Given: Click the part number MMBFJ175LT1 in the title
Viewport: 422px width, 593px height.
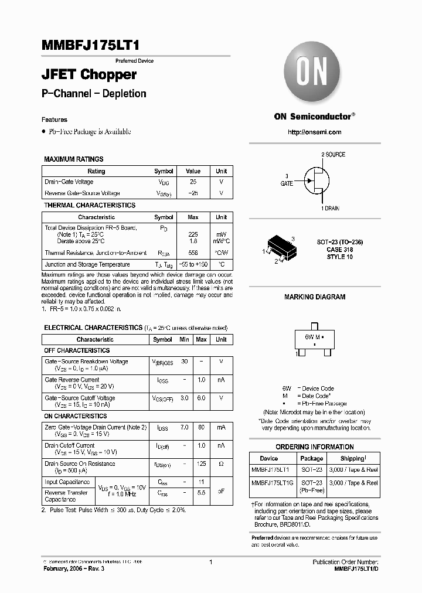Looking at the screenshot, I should click(90, 46).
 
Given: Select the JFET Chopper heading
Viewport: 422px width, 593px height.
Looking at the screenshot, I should click(89, 74).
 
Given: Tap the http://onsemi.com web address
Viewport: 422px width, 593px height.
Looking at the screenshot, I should click(314, 132).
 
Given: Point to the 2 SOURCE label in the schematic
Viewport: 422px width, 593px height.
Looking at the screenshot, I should click(333, 155).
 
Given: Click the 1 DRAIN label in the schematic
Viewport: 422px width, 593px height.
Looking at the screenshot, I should click(330, 209).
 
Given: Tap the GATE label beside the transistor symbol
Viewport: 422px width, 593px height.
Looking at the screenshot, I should click(286, 183).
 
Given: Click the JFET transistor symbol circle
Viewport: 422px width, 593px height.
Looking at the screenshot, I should click(315, 180).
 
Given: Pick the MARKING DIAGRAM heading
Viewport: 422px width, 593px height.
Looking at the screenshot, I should click(314, 297).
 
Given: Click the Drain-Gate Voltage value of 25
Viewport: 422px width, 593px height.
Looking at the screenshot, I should click(193, 182).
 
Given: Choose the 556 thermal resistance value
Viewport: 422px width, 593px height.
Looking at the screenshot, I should click(193, 253).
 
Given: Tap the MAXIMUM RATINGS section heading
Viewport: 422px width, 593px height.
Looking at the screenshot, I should click(74, 159).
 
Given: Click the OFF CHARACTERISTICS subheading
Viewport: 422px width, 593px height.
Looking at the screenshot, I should click(77, 350).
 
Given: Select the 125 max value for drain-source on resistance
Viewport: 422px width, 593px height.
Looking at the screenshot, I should click(201, 464).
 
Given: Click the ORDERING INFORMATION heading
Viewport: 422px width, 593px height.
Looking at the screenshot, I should click(314, 447).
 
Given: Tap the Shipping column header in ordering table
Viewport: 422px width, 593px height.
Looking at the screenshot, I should click(353, 458).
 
